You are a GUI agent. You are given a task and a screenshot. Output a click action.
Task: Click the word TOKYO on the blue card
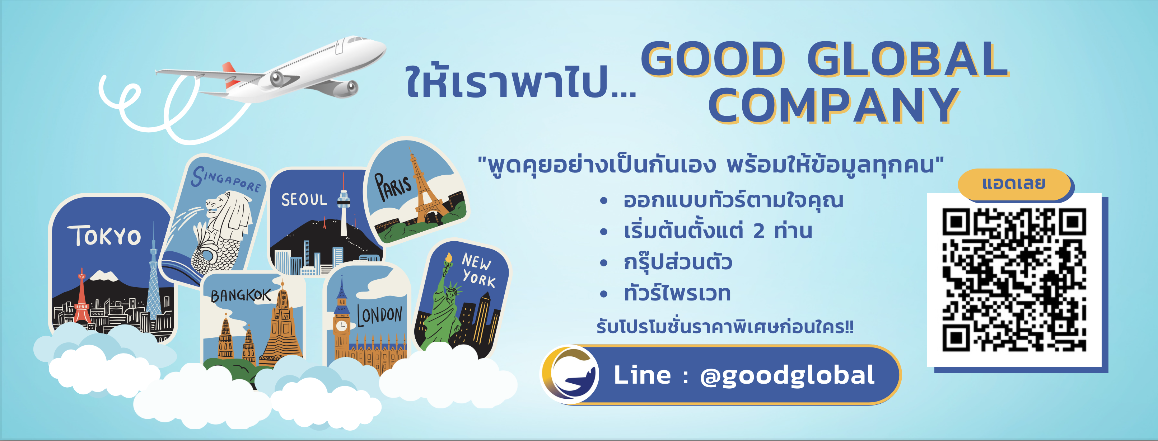105,236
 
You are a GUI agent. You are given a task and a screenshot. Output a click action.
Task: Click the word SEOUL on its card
304,199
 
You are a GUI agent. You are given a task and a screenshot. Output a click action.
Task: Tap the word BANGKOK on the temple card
241,295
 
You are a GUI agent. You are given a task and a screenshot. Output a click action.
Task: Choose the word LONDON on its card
379,315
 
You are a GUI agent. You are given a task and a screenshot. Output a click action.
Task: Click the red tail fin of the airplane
230,74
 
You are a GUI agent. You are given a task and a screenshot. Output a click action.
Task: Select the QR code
1014,279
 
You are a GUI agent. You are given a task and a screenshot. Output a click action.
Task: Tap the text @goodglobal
787,375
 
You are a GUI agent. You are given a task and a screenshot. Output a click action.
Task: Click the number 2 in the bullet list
759,231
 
